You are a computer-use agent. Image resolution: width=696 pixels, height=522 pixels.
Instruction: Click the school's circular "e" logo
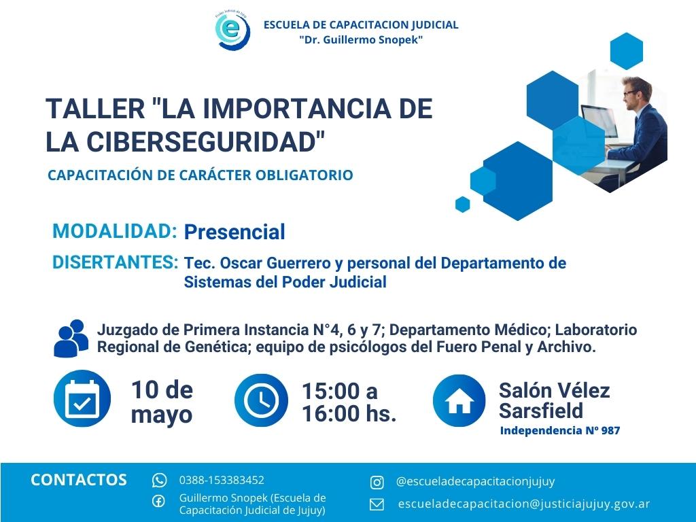[x=232, y=30]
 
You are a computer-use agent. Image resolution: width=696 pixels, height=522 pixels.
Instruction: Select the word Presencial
[x=234, y=232]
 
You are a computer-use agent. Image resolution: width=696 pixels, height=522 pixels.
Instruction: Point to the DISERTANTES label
[x=116, y=262]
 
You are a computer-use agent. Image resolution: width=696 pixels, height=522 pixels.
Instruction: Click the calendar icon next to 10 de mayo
[x=82, y=398]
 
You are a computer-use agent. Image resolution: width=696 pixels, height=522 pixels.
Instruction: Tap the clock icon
[x=261, y=400]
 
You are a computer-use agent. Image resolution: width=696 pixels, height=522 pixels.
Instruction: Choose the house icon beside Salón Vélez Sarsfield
[x=459, y=400]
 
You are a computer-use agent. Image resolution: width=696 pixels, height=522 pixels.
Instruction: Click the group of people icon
[x=71, y=338]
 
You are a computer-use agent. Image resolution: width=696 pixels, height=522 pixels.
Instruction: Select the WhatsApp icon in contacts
[x=159, y=481]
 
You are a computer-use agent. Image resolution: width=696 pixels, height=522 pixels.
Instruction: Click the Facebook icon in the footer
[x=158, y=502]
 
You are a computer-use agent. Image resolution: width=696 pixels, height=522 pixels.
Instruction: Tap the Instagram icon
[x=377, y=483]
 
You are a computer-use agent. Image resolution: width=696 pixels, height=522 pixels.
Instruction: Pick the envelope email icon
[x=377, y=505]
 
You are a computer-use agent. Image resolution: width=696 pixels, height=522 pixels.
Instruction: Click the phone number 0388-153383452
[x=222, y=481]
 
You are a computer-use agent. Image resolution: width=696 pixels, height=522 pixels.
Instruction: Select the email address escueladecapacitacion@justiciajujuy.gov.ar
[x=524, y=504]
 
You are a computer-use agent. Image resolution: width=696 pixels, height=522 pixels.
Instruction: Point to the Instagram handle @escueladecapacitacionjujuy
[x=475, y=482]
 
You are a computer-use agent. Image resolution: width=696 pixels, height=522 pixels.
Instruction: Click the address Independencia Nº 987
[x=560, y=430]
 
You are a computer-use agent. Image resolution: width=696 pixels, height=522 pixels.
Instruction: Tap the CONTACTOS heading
[x=79, y=480]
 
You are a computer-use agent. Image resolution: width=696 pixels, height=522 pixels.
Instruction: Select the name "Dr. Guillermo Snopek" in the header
[x=361, y=40]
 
